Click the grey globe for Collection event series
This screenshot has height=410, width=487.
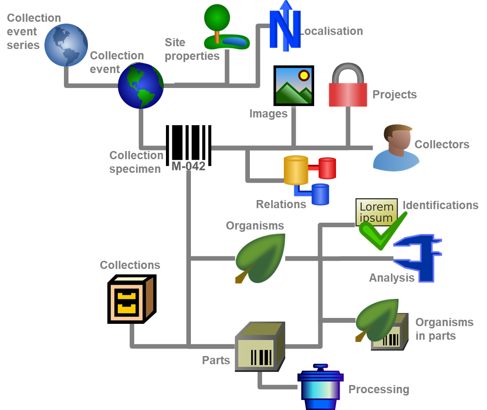click(66, 45)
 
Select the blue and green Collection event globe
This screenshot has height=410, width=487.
click(141, 86)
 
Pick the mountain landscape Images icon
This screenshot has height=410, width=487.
click(295, 87)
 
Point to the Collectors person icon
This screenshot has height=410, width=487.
click(395, 147)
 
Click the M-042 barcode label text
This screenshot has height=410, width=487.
click(188, 166)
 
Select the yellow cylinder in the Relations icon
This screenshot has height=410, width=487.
click(296, 170)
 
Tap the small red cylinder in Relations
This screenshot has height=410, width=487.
click(327, 168)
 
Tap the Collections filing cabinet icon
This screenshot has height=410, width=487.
click(131, 299)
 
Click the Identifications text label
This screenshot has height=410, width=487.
click(440, 205)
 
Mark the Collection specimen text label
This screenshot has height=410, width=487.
click(136, 162)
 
